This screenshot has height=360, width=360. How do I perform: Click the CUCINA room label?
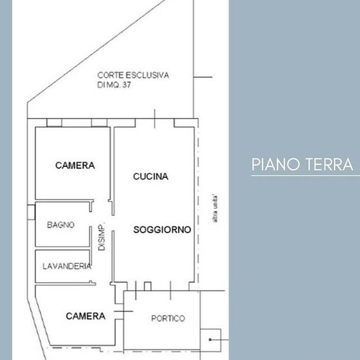pos(151,176)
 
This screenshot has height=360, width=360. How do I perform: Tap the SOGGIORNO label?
pos(162,230)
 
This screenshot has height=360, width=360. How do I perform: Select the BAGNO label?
pos(61,225)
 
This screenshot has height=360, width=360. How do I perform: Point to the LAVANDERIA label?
pos(67,266)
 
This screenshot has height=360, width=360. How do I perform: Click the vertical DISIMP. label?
pos(101,236)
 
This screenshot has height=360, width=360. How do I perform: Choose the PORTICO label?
pos(168,318)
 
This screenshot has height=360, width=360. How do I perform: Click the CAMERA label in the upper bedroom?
pos(75,166)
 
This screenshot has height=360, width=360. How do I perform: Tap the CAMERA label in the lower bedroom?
pos(86,316)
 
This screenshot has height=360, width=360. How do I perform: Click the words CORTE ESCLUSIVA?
pos(133,75)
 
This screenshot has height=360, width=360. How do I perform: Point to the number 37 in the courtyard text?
pos(126,85)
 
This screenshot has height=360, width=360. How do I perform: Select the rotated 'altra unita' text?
pos(215,209)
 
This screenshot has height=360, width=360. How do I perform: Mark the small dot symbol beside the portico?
pos(210,339)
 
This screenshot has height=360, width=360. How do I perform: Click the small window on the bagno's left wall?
pos(31,212)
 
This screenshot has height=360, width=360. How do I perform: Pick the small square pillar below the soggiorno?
pos(147,286)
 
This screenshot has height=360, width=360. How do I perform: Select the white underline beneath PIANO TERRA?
pos(306,176)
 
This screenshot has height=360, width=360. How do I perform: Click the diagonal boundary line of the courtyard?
pos(96,51)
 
